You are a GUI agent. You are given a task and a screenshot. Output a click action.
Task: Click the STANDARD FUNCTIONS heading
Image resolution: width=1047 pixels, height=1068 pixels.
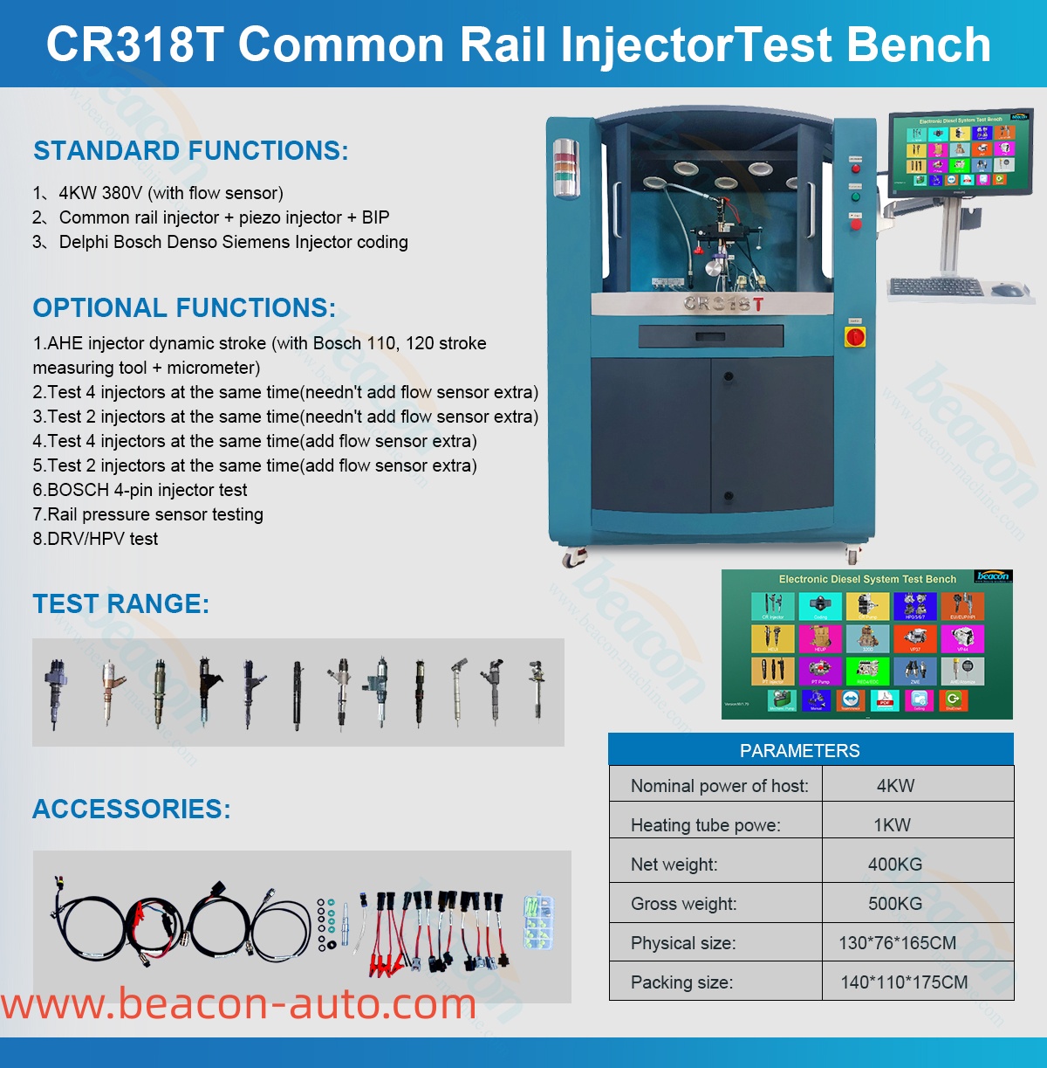190,151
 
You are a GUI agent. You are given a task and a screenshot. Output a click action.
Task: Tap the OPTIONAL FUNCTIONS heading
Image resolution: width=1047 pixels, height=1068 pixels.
184,308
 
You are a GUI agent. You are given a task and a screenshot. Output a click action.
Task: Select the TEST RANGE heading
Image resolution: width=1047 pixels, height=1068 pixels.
120,604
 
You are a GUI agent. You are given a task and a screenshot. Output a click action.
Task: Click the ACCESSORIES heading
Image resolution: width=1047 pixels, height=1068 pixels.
131,810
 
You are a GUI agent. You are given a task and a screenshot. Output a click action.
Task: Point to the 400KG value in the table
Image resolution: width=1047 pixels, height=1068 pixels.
894,865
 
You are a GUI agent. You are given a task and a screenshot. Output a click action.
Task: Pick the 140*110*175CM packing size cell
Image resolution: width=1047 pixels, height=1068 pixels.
904,982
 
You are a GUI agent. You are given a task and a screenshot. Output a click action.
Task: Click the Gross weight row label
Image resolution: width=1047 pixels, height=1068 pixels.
683,904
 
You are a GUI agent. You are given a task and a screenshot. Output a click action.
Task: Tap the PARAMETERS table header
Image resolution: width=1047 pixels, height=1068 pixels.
799,750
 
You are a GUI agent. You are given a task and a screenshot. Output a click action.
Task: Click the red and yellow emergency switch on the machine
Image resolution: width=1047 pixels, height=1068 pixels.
855,335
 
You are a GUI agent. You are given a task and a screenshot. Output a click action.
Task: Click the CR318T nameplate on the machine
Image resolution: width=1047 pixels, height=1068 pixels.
723,304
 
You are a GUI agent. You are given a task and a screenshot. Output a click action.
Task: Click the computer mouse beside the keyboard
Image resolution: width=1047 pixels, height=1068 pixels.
1008,289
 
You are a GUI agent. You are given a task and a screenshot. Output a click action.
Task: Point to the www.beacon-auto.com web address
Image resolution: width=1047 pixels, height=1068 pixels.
238,1004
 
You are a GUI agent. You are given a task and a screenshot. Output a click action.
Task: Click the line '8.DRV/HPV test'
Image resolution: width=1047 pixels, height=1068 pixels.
96,539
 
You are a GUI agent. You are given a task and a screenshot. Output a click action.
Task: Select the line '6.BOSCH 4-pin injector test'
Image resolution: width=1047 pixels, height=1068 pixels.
140,490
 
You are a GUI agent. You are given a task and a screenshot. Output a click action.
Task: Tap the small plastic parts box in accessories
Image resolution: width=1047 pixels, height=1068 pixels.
538,921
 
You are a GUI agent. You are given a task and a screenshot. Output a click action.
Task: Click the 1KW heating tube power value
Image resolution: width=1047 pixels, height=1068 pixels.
892,825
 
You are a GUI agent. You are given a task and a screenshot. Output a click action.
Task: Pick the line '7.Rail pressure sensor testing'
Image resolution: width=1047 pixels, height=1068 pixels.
148,514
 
